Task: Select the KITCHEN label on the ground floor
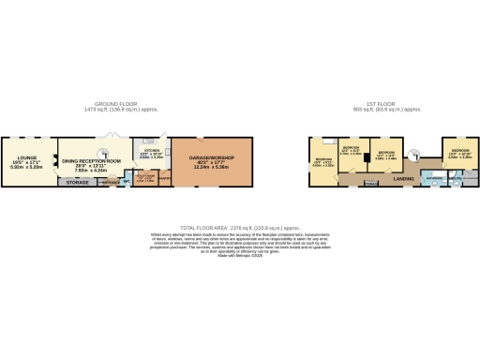[x=151, y=149]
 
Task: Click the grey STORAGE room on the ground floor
[x=76, y=182]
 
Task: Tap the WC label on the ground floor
[x=125, y=182]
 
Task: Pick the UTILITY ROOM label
[x=146, y=174]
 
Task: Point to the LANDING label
[x=404, y=177]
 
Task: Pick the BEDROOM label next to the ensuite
[x=459, y=151]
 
